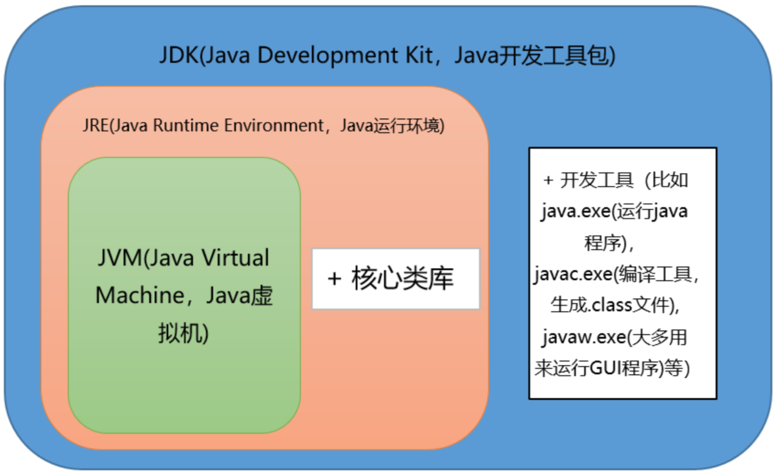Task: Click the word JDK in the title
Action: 178,56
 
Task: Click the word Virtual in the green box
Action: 235,258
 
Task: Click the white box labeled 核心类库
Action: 396,279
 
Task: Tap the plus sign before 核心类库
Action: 334,279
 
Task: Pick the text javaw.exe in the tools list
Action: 582,337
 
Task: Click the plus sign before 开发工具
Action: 549,180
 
